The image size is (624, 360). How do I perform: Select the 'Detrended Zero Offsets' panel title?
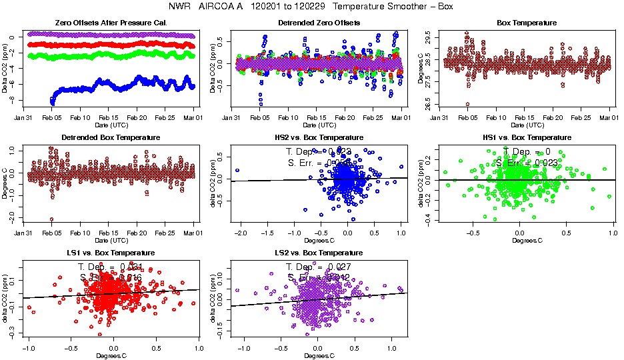(319, 23)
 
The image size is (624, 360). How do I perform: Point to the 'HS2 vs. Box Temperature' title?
(319, 137)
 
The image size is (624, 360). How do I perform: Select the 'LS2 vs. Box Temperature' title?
(319, 253)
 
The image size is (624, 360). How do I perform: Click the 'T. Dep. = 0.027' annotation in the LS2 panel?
(319, 266)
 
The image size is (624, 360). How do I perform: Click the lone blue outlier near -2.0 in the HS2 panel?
(237, 170)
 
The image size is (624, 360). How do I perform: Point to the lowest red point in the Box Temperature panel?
(467, 104)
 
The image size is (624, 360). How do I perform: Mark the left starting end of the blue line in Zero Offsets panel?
(52, 101)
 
